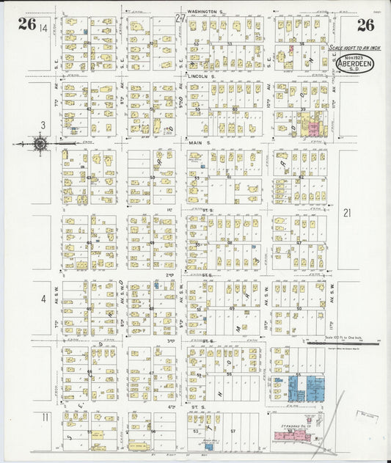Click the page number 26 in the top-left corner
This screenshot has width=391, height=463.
[27, 24]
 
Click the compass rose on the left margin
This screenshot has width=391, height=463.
[40, 144]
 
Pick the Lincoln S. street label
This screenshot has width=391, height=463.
[201, 76]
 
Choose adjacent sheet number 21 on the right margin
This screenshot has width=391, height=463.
[348, 213]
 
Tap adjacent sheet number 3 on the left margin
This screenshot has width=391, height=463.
[43, 125]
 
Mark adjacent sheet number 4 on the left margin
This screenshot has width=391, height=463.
[43, 299]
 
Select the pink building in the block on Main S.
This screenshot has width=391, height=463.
[314, 129]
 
